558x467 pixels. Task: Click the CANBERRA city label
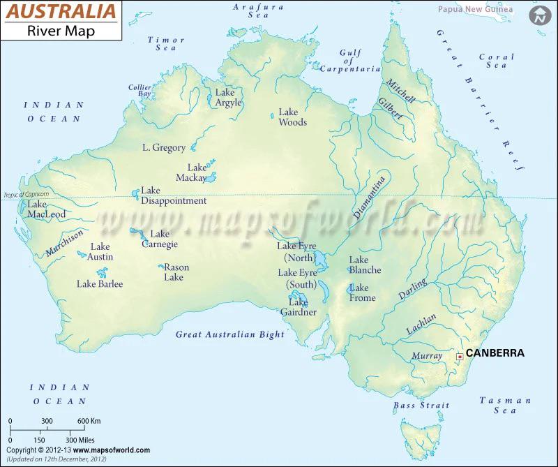(495, 353)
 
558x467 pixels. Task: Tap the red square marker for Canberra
(459, 357)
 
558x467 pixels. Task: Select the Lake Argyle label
(228, 98)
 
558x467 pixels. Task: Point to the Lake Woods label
(292, 117)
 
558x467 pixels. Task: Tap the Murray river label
(427, 356)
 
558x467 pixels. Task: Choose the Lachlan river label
(421, 324)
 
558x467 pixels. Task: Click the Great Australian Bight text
(230, 334)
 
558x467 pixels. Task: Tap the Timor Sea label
(166, 44)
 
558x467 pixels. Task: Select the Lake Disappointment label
(174, 195)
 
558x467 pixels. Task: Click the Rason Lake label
(175, 272)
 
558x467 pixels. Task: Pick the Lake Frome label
(362, 292)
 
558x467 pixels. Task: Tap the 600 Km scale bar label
(89, 421)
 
